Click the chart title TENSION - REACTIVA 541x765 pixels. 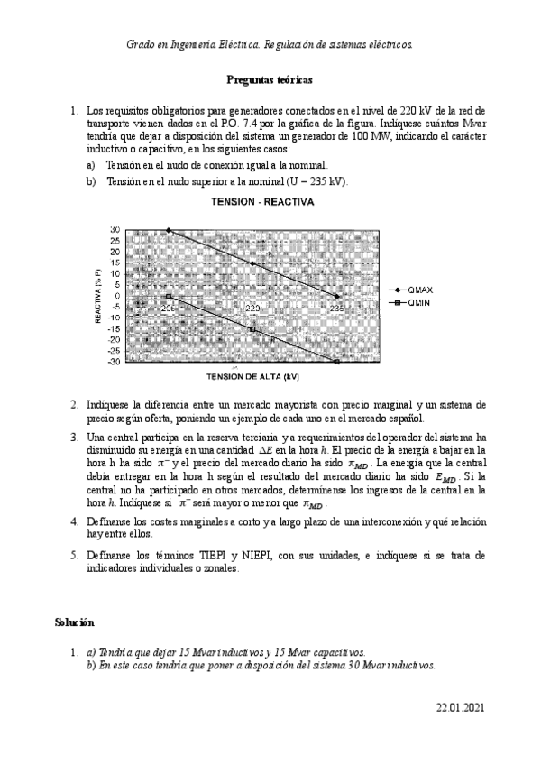point(262,203)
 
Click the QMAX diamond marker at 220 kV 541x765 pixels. point(252,263)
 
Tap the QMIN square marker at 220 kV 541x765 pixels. point(252,329)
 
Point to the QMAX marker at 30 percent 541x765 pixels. point(169,230)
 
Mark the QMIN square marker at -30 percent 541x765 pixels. point(336,362)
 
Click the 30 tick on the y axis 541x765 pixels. point(115,230)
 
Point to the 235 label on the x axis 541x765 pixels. point(335,309)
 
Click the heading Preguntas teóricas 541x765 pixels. point(269,80)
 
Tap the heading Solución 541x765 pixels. point(73,622)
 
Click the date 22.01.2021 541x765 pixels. point(460,709)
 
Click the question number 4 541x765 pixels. point(74,521)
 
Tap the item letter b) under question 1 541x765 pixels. point(90,180)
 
